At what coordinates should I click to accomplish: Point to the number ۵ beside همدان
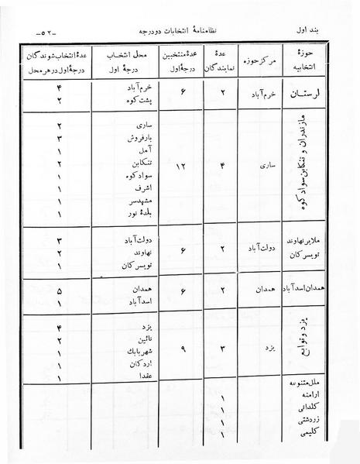pyautogui.click(x=60, y=289)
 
